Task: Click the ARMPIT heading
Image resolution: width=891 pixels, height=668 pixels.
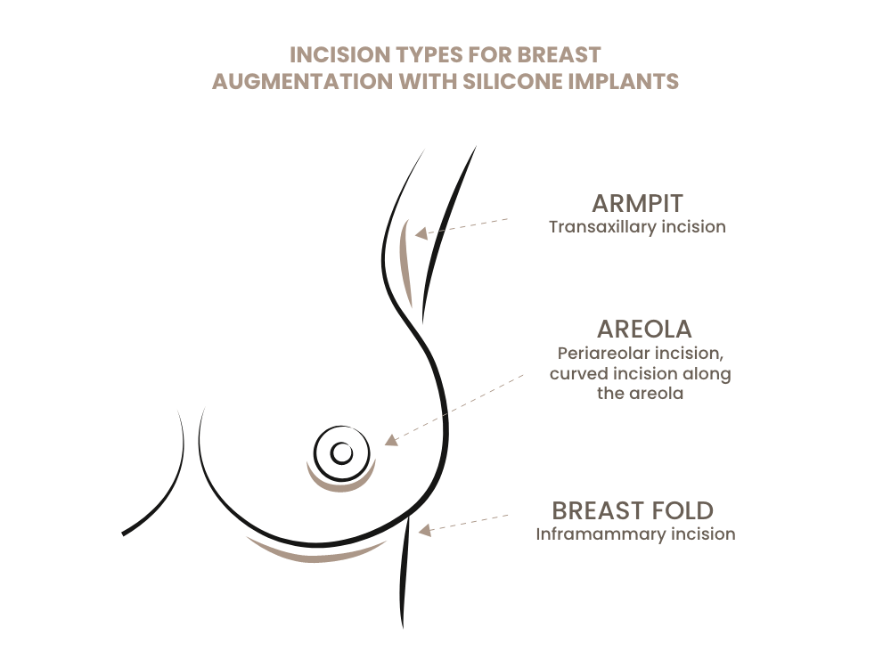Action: point(637,203)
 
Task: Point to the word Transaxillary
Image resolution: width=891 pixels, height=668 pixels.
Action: point(602,227)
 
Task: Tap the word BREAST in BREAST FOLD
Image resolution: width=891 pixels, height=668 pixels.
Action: point(597,510)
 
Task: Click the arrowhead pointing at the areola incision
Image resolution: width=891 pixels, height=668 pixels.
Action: point(389,440)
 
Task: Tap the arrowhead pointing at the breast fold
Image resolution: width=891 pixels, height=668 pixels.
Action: point(425,530)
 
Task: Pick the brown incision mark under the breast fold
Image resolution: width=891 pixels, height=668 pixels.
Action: point(316,554)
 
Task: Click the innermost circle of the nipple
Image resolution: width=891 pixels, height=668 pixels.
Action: point(341,453)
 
